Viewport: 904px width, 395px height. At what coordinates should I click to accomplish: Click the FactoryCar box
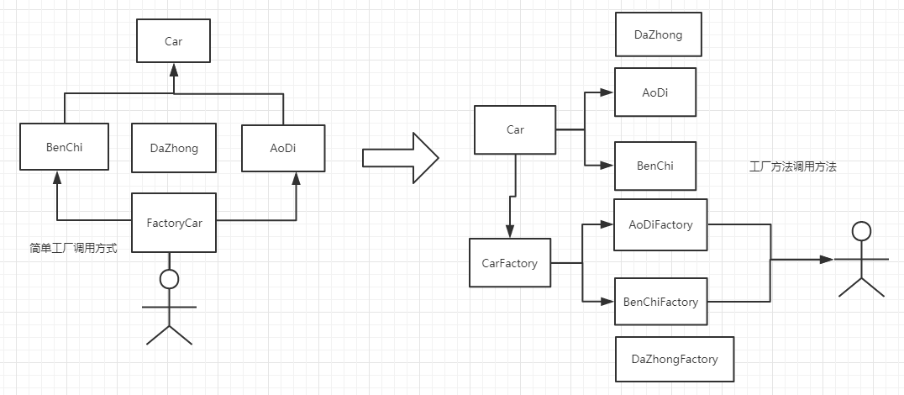174,223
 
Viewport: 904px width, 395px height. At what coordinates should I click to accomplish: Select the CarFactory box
510,263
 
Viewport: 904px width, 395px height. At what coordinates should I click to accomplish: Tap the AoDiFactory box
660,225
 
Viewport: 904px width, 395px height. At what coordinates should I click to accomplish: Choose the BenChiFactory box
660,302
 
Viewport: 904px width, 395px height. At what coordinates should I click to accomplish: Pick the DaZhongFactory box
675,359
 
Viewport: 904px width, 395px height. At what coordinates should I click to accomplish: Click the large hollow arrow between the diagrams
401,157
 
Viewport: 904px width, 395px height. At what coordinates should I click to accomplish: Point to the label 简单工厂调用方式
73,249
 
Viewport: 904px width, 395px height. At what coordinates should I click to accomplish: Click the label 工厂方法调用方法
792,167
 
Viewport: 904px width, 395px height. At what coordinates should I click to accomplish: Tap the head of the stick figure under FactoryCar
169,279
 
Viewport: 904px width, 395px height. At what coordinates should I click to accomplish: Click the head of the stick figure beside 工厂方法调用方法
861,231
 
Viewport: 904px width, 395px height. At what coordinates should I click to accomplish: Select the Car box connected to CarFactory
515,129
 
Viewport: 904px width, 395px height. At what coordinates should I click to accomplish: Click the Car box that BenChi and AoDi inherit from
174,40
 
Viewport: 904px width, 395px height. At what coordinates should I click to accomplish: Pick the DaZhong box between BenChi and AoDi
174,148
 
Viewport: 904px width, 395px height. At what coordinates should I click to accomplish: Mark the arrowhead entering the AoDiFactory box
606,225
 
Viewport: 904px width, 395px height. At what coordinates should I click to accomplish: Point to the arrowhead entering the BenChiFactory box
607,301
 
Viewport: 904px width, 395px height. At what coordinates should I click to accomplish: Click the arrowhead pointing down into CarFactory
510,231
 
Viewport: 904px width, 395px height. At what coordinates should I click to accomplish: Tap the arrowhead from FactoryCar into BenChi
56,177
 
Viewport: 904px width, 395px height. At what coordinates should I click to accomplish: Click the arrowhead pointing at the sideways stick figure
827,260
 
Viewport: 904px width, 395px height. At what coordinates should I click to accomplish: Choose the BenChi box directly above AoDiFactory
655,166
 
